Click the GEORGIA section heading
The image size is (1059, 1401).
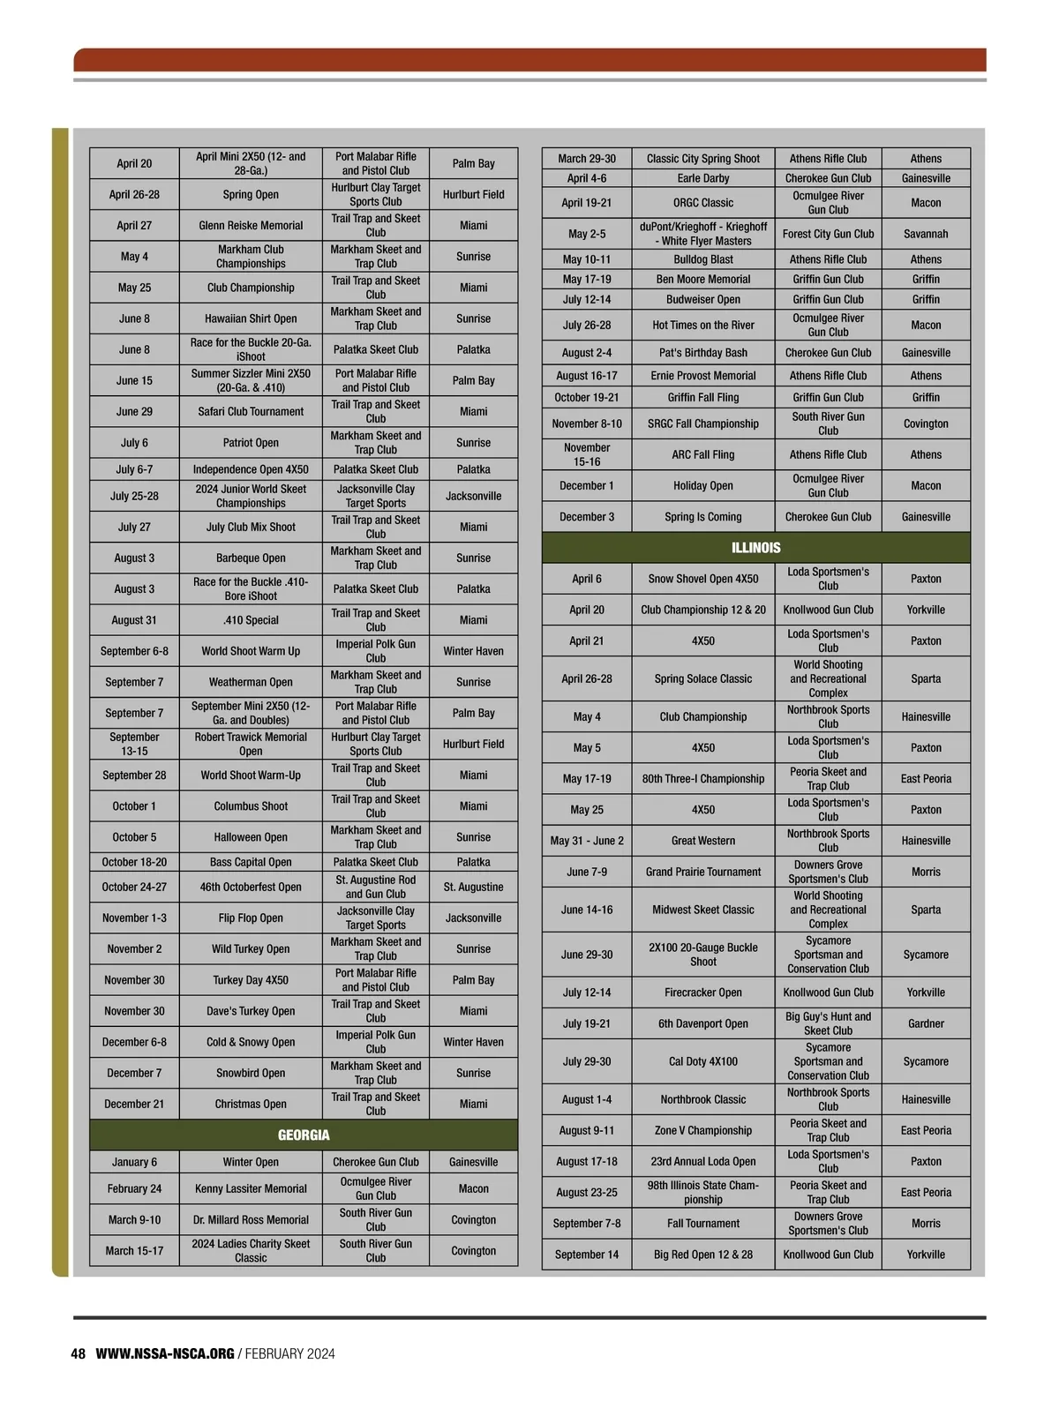[304, 1135]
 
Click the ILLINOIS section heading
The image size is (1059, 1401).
[755, 548]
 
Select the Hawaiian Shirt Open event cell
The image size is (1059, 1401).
[251, 318]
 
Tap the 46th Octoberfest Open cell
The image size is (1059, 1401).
[251, 887]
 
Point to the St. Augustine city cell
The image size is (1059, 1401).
[473, 887]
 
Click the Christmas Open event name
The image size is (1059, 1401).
[251, 1104]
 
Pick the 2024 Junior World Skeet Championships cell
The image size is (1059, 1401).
[251, 496]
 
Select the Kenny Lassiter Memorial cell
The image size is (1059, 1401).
[251, 1188]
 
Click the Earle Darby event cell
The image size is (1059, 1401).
[702, 178]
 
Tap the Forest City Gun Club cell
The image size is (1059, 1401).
[828, 234]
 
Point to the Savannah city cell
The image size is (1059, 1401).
[926, 234]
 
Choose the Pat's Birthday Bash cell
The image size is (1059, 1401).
[702, 352]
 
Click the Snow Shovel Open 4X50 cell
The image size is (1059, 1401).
[702, 579]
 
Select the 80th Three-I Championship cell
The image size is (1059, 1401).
[702, 778]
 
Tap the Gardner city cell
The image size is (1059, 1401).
[926, 1023]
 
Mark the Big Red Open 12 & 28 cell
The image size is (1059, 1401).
[702, 1255]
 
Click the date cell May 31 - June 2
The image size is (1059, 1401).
[587, 841]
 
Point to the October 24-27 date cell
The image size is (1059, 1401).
[134, 887]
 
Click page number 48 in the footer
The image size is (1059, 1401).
[79, 1353]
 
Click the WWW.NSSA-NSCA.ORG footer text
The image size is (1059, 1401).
[165, 1353]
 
